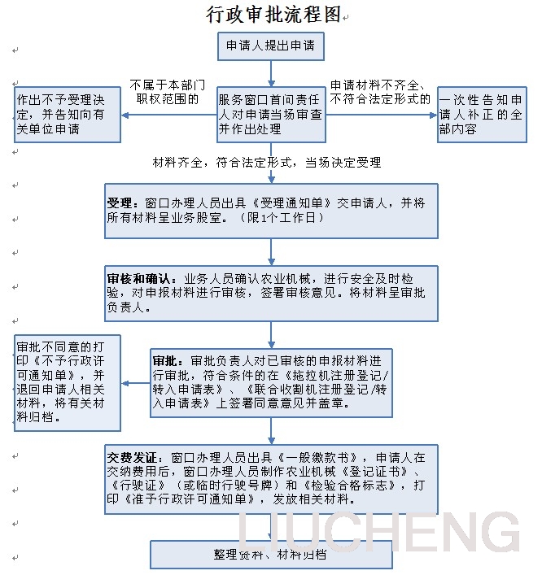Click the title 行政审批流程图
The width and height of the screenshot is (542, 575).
click(273, 14)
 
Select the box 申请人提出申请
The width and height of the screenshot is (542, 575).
click(271, 46)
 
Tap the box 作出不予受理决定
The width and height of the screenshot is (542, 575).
click(68, 115)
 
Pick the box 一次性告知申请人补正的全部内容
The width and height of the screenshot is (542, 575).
click(481, 115)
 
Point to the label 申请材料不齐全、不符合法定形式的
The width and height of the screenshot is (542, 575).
click(380, 92)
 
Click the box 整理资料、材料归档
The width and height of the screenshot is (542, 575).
click(271, 554)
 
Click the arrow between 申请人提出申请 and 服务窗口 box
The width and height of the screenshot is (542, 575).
click(271, 73)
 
